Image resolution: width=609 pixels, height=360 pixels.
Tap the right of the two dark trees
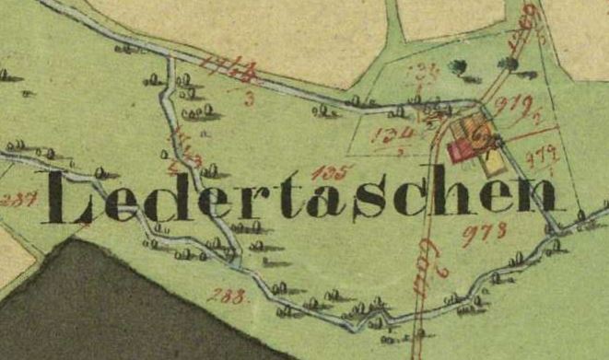coord(506,63)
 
